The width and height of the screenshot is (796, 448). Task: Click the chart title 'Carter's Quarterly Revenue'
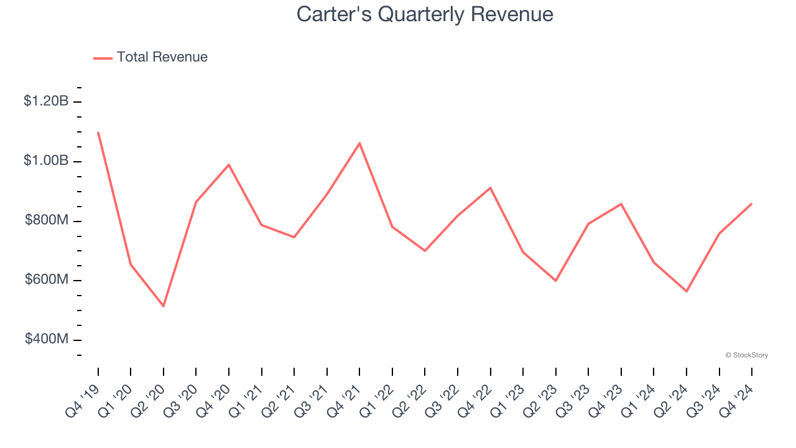tap(425, 14)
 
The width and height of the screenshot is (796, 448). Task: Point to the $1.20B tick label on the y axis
tap(46, 101)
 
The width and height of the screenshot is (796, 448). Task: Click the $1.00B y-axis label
tap(46, 161)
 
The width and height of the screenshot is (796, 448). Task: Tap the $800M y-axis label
tap(46, 220)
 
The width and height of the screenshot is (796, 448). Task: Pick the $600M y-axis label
tap(46, 280)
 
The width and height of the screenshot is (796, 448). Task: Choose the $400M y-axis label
tap(46, 339)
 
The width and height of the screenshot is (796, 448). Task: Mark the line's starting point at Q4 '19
tap(98, 133)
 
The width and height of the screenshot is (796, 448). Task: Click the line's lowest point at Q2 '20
tap(164, 306)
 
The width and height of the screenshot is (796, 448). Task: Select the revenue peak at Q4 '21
tap(359, 143)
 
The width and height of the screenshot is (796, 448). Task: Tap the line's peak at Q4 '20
tap(229, 165)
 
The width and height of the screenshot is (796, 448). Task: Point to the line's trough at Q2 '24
tap(687, 291)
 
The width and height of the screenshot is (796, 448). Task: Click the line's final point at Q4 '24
tap(751, 204)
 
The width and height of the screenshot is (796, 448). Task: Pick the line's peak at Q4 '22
tap(490, 187)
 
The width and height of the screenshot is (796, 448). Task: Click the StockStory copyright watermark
tap(746, 355)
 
